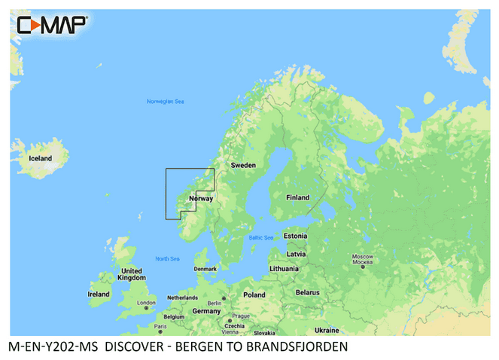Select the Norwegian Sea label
[165, 102]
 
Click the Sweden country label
[243, 164]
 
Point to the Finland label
[297, 198]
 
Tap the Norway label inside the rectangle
[203, 199]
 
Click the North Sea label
[167, 259]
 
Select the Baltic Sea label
[261, 237]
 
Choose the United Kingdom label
[131, 274]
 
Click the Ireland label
[99, 294]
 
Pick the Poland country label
[254, 294]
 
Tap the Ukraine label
[327, 330]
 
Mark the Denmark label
[205, 268]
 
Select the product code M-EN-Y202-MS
[55, 347]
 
